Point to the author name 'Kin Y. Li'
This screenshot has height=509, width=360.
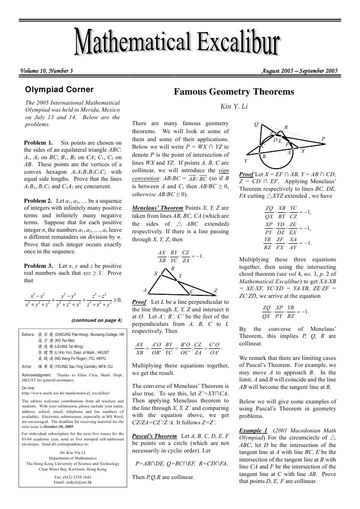(232, 106)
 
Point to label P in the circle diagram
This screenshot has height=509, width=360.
(323, 139)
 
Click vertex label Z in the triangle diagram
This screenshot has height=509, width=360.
(215, 291)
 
